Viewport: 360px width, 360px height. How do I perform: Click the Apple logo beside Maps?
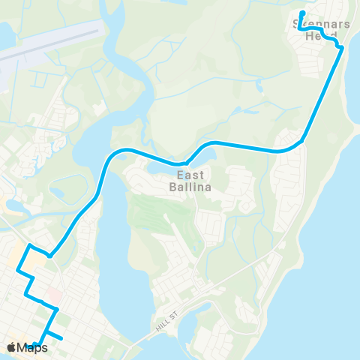[x=11, y=346]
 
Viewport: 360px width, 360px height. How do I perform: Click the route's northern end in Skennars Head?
[x=301, y=13]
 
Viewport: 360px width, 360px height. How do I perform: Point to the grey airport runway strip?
[x=45, y=49]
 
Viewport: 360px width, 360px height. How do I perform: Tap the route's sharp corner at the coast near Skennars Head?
[x=341, y=49]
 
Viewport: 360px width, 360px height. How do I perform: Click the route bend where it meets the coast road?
[x=302, y=139]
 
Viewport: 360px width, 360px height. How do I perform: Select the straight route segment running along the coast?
[x=322, y=94]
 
